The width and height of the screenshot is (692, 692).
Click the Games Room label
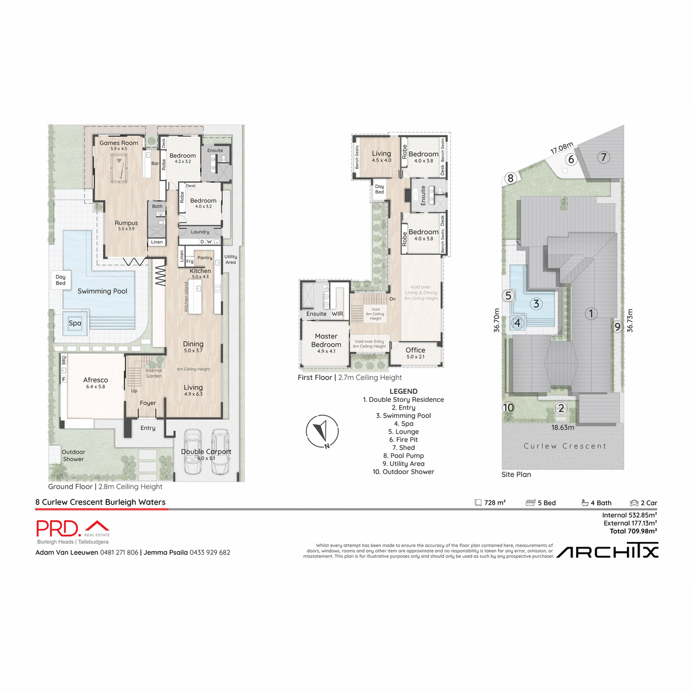119,143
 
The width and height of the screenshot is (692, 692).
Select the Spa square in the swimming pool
75,324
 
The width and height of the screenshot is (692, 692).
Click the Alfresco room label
95,380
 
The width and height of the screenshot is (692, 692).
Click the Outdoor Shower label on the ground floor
73,456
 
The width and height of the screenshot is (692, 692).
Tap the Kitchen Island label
186,297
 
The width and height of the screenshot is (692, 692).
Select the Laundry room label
200,232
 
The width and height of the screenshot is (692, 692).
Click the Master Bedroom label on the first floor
326,340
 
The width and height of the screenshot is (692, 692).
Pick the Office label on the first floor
415,350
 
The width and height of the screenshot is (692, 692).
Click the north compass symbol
322,431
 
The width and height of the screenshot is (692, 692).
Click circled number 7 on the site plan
603,157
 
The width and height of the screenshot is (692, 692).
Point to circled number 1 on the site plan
591,314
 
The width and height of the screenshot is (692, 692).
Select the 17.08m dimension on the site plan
562,148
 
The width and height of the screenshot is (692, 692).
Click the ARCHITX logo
607,552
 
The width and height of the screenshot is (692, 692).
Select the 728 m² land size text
494,503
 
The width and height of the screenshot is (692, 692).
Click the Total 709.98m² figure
633,531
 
